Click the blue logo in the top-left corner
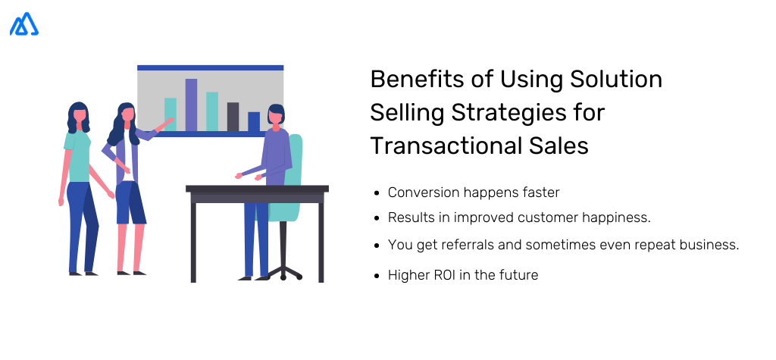pos(24,24)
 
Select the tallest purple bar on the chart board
pos(191,105)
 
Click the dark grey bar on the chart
pos(233,117)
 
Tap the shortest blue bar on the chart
pos(254,121)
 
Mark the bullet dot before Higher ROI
pos(377,276)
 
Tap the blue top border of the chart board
pos(210,67)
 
